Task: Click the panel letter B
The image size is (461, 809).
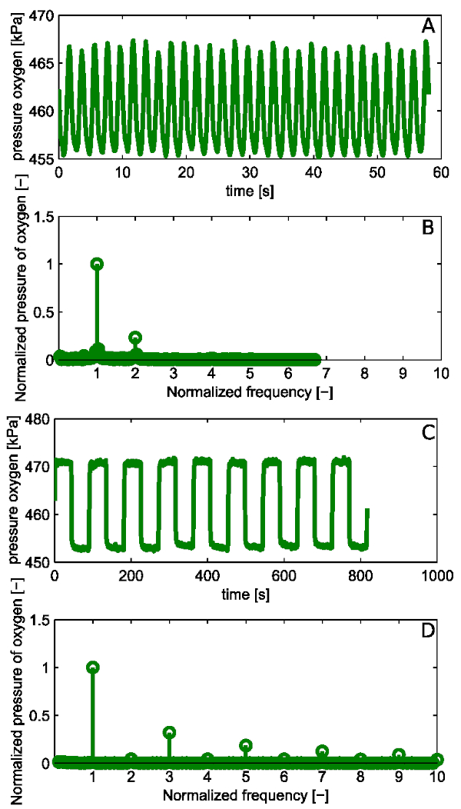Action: point(429,228)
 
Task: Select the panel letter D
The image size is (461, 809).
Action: point(428,631)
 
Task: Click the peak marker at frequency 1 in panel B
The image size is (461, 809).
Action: point(97,264)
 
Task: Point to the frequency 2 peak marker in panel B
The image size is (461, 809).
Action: point(135,338)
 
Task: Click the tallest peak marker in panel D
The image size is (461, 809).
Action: point(93,668)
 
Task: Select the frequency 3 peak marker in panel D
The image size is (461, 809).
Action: point(170,732)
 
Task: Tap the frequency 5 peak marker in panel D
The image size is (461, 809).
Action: point(246,745)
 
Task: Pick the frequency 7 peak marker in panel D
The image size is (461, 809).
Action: point(322,751)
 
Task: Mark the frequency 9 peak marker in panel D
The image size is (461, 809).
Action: point(399,755)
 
